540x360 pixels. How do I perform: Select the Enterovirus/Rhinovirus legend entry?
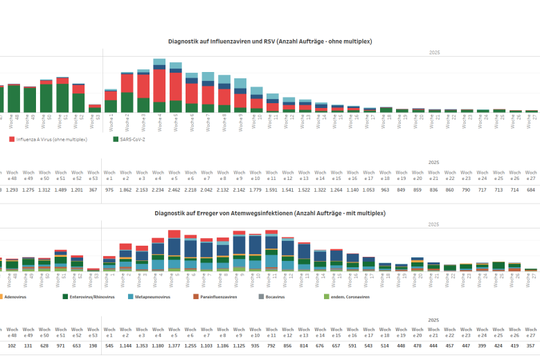(94, 296)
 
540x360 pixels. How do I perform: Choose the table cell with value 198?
(93, 345)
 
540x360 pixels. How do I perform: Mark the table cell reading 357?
(531, 345)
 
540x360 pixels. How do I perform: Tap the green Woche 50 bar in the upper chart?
(46, 98)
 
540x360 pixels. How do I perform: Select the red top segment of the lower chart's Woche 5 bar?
(175, 234)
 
